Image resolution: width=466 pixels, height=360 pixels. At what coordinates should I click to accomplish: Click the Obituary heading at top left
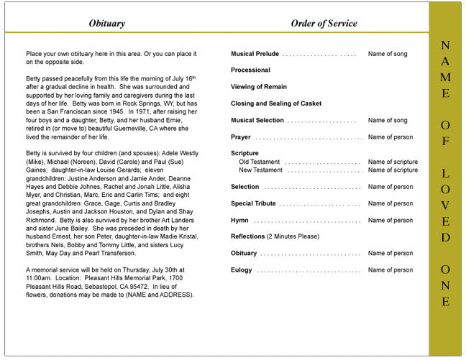106,24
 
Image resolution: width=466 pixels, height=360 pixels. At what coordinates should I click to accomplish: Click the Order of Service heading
324,24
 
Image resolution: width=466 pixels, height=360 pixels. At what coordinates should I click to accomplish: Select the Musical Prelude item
255,54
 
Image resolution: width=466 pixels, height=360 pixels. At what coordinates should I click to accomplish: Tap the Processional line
250,70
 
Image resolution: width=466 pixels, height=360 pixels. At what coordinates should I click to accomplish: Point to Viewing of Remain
258,87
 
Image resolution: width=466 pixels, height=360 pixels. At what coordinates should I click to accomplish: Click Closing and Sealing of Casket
276,103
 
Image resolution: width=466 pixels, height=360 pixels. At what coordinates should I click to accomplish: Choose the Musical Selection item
257,120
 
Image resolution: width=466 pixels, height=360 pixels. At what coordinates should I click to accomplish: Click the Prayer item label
241,137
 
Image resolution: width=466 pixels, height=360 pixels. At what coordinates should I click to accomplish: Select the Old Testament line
260,162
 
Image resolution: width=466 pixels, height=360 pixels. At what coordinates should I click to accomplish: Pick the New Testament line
261,170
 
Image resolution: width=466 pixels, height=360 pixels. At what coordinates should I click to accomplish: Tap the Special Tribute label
254,203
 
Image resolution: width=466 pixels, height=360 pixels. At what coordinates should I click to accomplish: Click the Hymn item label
240,220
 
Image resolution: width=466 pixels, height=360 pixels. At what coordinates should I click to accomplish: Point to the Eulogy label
242,270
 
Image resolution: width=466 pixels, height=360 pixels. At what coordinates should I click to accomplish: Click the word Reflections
247,236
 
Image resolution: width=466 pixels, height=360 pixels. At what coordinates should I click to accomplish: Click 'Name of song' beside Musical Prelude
388,54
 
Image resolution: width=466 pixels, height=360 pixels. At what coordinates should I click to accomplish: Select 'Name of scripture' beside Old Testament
393,162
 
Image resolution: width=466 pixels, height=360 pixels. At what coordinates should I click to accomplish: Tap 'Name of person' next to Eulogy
390,270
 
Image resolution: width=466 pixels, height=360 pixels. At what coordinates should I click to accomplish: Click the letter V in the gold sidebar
446,206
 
